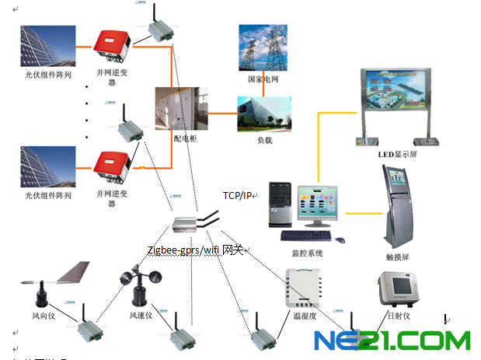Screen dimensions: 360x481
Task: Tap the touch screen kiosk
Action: [398, 204]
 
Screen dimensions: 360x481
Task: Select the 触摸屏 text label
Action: [399, 253]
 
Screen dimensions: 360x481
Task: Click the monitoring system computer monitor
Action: [319, 206]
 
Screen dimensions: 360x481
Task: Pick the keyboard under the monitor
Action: [306, 235]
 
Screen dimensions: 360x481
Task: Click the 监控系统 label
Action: [308, 253]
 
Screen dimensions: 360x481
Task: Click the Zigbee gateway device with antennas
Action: [191, 225]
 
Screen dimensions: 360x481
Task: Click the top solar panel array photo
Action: [47, 47]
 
